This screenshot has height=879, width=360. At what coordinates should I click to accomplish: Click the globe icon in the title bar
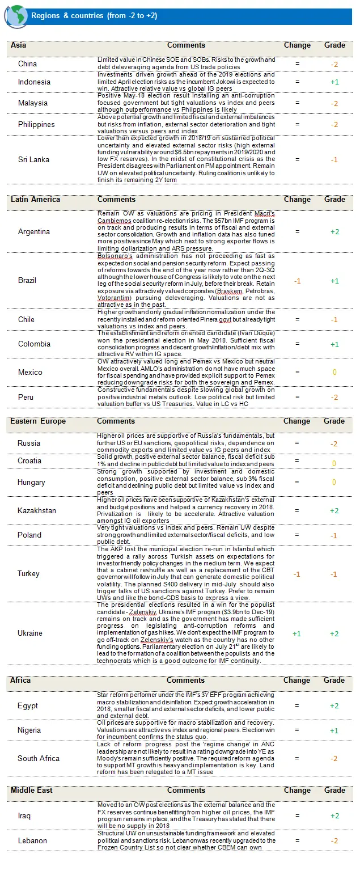15,16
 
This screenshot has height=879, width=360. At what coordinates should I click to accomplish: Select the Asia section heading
18,45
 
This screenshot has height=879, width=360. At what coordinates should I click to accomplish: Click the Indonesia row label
34,82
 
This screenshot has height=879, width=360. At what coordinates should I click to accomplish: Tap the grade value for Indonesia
334,82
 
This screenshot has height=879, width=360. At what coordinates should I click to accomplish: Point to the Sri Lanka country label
33,160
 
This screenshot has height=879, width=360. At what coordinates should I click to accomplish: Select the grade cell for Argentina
334,231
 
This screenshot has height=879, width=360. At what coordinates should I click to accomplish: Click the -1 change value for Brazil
297,281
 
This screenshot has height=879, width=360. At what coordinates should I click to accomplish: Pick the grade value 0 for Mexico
334,373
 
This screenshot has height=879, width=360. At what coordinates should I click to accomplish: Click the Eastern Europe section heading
37,421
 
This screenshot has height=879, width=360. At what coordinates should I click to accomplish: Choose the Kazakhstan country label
37,510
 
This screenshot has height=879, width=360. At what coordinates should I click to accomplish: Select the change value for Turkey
297,574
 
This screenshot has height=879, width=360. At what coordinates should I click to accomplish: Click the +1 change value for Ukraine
297,633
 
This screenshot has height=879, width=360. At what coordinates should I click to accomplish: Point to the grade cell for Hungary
334,482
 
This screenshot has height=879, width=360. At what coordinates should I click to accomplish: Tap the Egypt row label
28,705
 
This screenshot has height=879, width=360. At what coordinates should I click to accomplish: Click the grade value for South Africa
334,758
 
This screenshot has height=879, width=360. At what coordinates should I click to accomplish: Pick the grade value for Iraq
334,815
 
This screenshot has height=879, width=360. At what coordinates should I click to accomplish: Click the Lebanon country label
33,840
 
